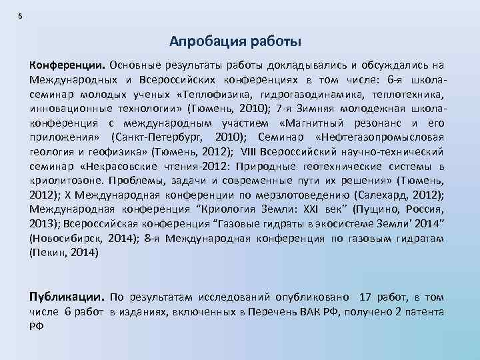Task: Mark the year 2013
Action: (43, 224)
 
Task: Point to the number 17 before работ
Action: (366, 297)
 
